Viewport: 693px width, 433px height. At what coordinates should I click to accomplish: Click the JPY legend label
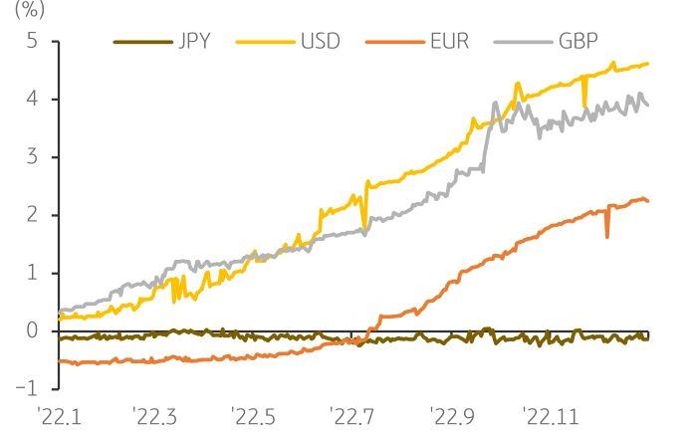(201, 42)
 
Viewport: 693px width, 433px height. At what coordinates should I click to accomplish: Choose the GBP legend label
(577, 42)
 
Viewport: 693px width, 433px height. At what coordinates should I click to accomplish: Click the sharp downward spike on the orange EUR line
(607, 234)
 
